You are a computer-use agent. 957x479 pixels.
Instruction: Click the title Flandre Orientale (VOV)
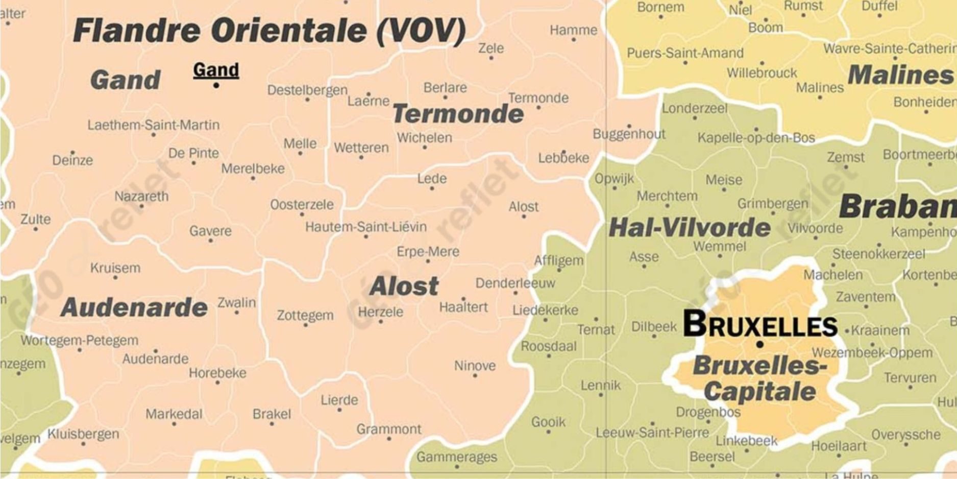(x=269, y=31)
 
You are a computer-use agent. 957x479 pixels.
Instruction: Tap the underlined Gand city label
(x=216, y=70)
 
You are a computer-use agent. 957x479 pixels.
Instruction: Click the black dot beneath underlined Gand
(x=216, y=85)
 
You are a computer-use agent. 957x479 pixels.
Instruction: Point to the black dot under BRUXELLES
(x=759, y=345)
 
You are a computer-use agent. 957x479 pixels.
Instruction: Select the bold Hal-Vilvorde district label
(x=690, y=228)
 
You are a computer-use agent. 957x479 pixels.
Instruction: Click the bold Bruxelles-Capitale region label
(x=759, y=378)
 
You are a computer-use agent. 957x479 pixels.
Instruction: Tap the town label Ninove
(x=475, y=366)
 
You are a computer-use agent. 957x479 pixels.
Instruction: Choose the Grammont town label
(x=389, y=429)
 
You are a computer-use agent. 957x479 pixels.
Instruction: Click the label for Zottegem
(x=305, y=316)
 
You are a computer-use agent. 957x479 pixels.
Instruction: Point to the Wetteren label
(x=361, y=148)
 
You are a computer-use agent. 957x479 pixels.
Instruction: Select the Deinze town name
(x=72, y=160)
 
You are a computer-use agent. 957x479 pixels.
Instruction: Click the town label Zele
(x=491, y=48)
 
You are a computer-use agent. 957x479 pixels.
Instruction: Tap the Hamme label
(x=573, y=30)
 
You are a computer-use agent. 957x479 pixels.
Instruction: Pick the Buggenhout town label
(x=629, y=134)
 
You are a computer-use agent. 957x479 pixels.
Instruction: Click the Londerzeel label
(x=695, y=108)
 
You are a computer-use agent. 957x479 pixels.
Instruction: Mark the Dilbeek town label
(x=654, y=327)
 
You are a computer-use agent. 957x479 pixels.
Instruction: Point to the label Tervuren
(x=910, y=378)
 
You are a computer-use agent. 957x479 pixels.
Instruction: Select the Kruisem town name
(x=115, y=268)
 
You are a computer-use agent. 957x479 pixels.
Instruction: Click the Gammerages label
(x=457, y=457)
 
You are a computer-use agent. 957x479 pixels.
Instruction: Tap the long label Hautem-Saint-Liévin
(x=366, y=227)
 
